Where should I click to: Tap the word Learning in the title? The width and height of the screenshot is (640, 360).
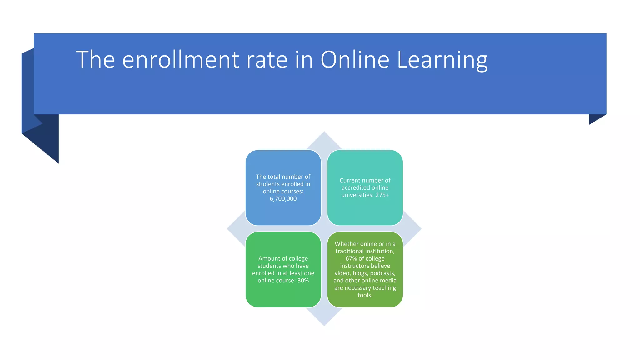[442, 60]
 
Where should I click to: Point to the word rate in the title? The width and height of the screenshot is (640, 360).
[267, 60]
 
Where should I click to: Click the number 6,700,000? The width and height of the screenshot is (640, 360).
[283, 199]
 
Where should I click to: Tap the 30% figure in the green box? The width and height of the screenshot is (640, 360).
[303, 281]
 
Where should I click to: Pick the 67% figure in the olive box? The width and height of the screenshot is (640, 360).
[351, 258]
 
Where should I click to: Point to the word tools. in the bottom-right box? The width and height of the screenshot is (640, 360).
[365, 295]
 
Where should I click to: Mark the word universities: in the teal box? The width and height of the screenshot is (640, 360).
[357, 195]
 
